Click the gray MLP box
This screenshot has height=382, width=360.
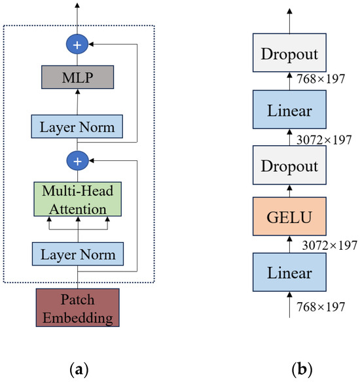click(79, 78)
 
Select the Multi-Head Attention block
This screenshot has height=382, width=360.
click(79, 201)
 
